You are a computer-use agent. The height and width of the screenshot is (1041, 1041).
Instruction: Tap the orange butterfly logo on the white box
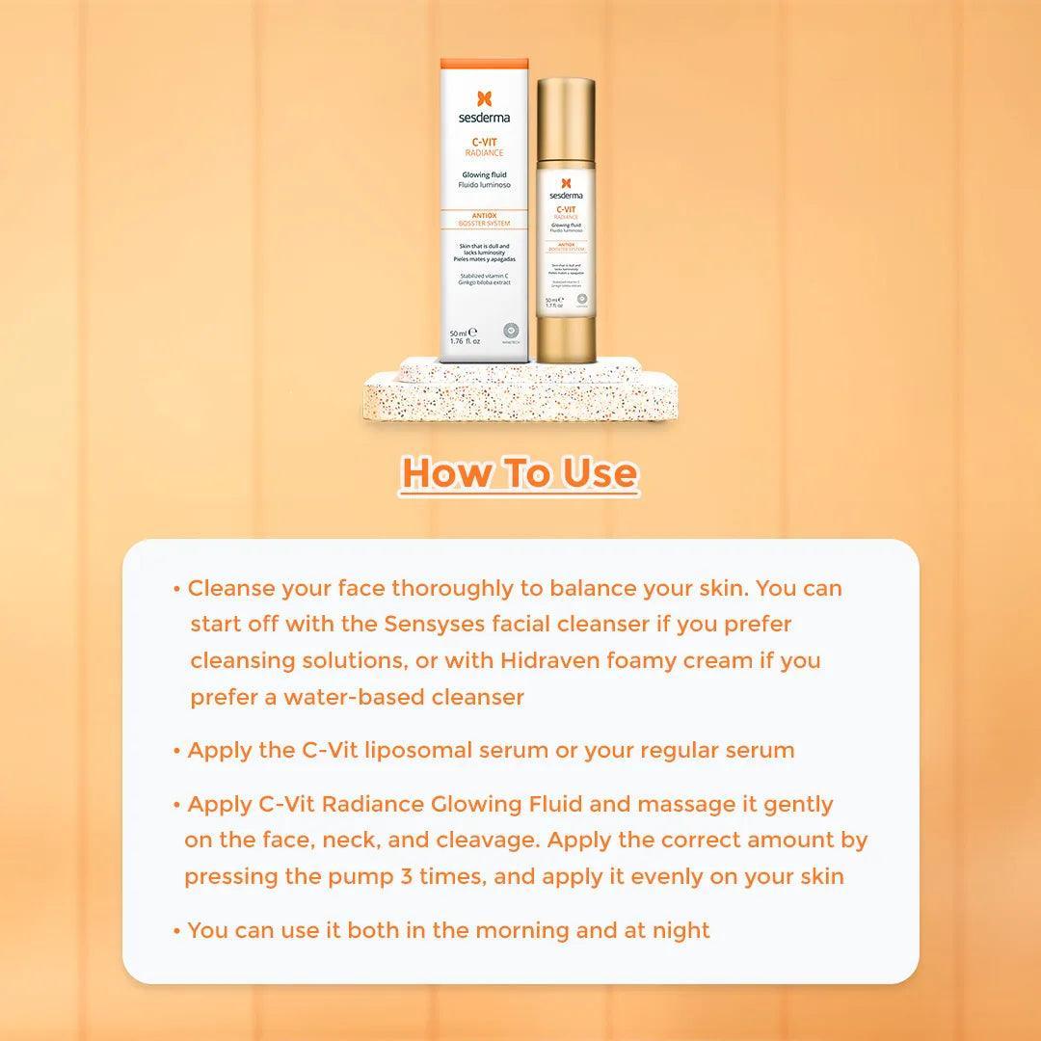tap(485, 99)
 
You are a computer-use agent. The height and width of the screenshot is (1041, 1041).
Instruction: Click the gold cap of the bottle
tap(566, 115)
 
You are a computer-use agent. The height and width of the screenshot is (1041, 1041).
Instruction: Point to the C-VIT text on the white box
tap(486, 142)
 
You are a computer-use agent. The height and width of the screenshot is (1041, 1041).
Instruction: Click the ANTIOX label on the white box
tap(485, 215)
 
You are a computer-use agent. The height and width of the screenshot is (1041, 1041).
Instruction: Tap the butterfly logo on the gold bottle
tap(566, 182)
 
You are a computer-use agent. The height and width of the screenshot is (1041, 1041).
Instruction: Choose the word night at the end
tap(680, 930)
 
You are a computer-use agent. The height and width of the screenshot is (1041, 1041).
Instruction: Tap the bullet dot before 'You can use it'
tap(177, 931)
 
